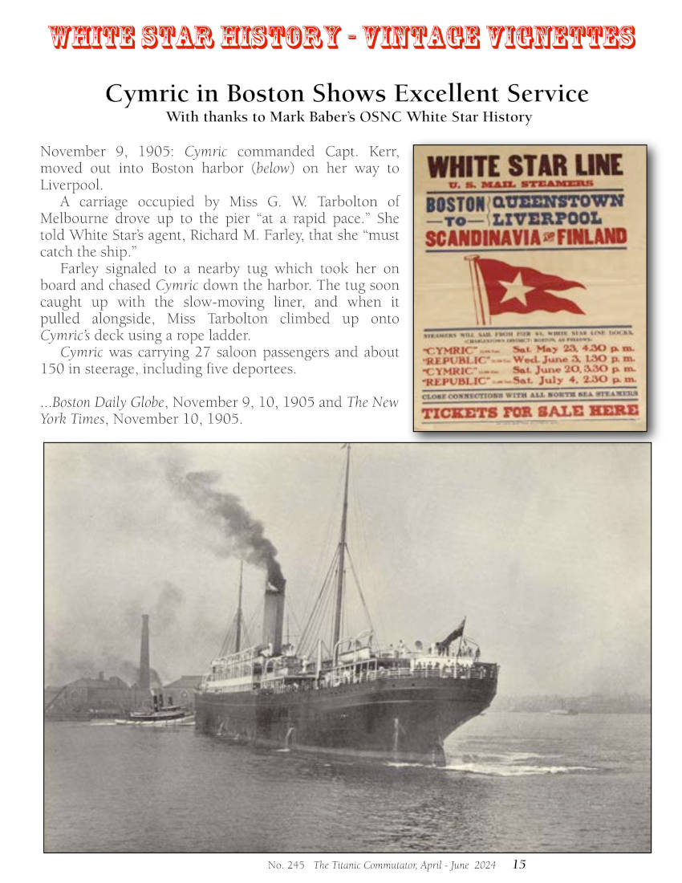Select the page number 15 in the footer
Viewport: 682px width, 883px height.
coord(519,865)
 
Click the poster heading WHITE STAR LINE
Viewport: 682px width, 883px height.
coord(526,167)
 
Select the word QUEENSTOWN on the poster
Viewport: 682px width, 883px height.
coord(558,201)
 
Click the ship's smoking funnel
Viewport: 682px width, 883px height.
coord(274,614)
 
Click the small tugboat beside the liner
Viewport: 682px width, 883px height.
coord(156,710)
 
